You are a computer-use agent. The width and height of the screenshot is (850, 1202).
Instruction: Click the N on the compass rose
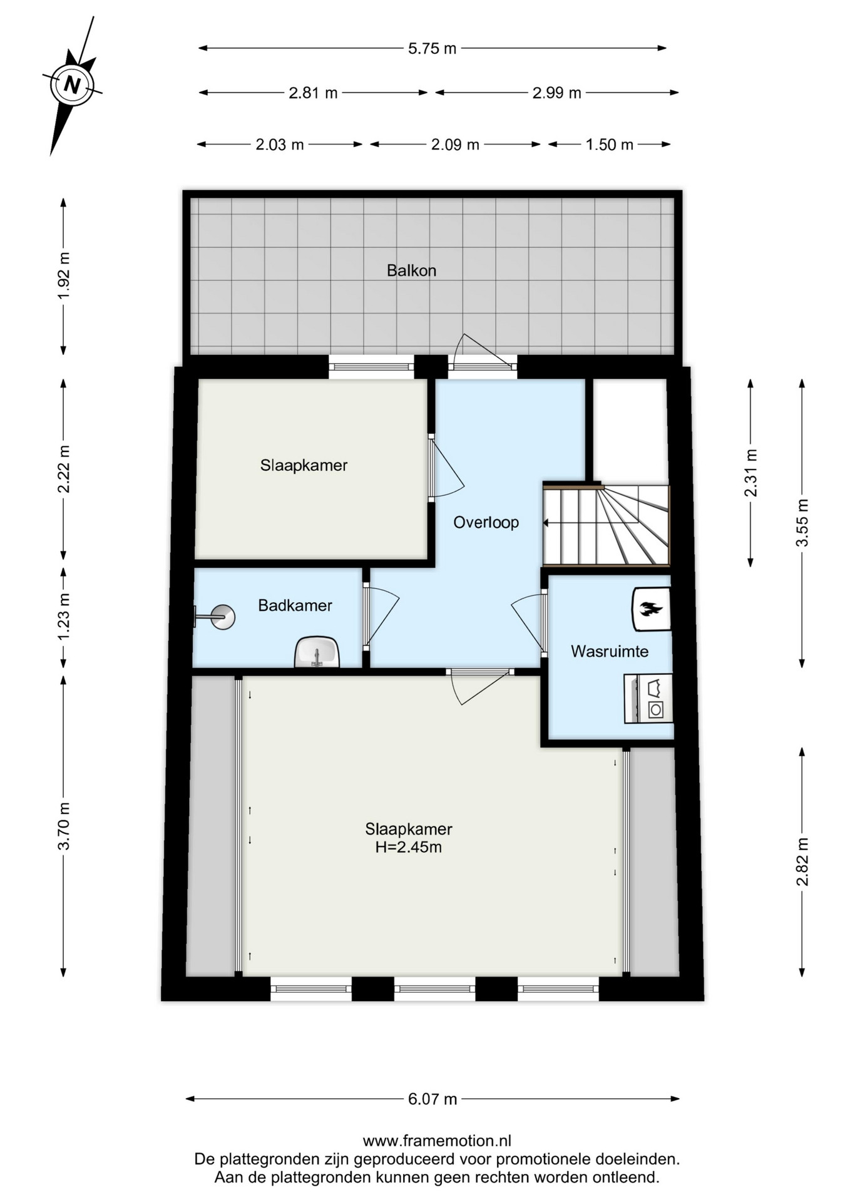pyautogui.click(x=73, y=84)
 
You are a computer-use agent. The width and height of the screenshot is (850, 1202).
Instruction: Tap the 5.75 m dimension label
pyautogui.click(x=432, y=48)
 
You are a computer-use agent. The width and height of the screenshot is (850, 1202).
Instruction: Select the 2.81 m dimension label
pyautogui.click(x=313, y=93)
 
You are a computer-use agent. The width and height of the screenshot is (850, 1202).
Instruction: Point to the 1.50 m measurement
pyautogui.click(x=609, y=145)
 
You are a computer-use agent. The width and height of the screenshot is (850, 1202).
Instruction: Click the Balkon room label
pyautogui.click(x=411, y=270)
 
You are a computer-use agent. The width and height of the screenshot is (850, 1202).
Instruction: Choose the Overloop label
pyautogui.click(x=486, y=523)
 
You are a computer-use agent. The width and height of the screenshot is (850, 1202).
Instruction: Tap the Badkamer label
pyautogui.click(x=295, y=605)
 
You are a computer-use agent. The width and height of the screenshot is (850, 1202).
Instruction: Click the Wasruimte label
pyautogui.click(x=610, y=651)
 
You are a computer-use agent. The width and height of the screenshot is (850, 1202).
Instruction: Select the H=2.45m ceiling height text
pyautogui.click(x=408, y=848)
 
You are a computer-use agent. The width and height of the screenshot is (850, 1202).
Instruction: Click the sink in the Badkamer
pyautogui.click(x=317, y=652)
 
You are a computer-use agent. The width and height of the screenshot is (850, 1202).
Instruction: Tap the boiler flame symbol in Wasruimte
pyautogui.click(x=652, y=609)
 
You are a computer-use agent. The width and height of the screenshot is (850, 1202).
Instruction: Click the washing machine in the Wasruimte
pyautogui.click(x=648, y=699)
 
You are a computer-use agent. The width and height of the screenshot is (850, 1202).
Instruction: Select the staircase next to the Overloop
pyautogui.click(x=606, y=524)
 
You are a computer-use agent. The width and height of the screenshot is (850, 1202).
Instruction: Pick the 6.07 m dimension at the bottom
pyautogui.click(x=433, y=1099)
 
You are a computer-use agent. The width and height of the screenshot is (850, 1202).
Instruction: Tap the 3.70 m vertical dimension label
pyautogui.click(x=63, y=826)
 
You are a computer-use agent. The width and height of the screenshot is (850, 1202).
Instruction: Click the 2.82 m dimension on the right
pyautogui.click(x=802, y=861)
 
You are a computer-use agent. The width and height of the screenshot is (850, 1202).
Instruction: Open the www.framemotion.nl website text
pyautogui.click(x=437, y=1141)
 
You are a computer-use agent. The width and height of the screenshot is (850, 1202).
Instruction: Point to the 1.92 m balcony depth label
pyautogui.click(x=63, y=275)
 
